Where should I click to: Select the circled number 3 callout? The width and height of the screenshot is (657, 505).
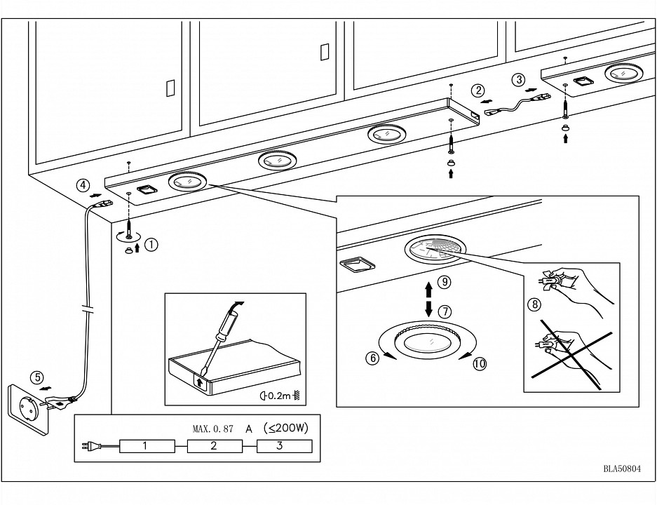click(x=518, y=79)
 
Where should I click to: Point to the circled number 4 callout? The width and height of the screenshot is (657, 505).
click(x=83, y=186)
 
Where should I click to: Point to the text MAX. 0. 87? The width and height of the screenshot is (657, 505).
click(x=212, y=427)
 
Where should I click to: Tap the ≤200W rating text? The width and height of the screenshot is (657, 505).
click(x=286, y=426)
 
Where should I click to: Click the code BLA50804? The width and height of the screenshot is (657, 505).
click(x=621, y=470)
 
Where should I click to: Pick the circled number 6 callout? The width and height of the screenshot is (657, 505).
click(x=373, y=357)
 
